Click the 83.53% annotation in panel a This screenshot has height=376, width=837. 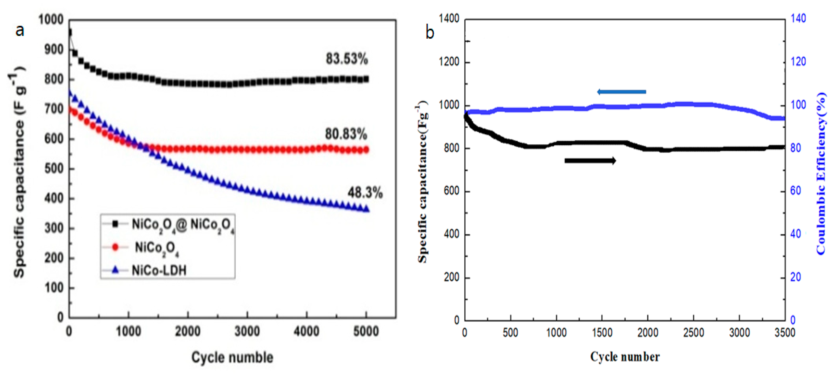tap(347, 59)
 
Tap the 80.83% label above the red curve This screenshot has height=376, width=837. tap(346, 134)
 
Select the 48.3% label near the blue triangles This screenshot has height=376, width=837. tap(365, 193)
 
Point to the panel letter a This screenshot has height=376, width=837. tap(20, 31)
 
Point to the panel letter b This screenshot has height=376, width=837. tap(430, 33)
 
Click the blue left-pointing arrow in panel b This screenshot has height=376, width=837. tap(621, 92)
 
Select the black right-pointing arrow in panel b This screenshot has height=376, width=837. tap(590, 161)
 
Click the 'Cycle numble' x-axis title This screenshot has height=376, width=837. tap(232, 357)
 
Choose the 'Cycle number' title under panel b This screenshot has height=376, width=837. tap(625, 357)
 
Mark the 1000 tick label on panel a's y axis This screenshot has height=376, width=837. tap(51, 20)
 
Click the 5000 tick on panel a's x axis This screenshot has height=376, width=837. tap(366, 331)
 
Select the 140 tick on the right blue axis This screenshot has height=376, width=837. tap(798, 19)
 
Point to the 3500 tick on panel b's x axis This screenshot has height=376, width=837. tap(784, 333)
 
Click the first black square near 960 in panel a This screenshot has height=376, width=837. tap(69, 32)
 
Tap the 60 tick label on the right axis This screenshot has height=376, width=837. tap(795, 191)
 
